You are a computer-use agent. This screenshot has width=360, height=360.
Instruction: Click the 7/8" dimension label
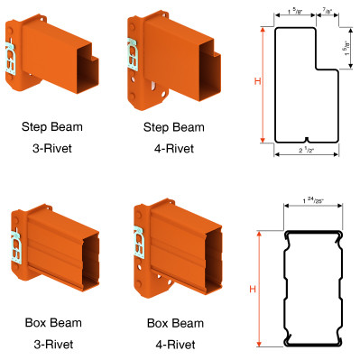click(327, 11)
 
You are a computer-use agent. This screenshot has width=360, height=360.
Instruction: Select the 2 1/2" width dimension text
click(306, 150)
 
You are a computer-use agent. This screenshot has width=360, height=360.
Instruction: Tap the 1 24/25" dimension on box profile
click(313, 200)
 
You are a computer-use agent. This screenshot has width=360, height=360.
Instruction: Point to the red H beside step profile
click(257, 81)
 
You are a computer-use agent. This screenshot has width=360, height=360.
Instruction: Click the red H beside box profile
click(253, 289)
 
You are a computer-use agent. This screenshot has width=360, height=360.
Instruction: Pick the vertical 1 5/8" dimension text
click(347, 48)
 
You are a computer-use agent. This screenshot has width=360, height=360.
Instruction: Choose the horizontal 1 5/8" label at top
click(295, 12)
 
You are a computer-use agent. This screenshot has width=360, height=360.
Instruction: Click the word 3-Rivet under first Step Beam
click(52, 148)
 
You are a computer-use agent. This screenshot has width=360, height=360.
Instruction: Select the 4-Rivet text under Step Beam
click(174, 148)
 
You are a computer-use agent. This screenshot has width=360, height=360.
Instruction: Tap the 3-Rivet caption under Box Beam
click(53, 344)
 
